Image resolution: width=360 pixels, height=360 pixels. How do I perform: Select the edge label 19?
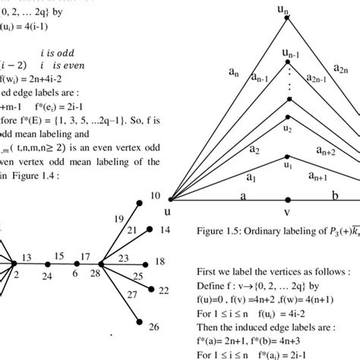coord(118,219)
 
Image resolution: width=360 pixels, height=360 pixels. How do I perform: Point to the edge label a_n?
coord(235,72)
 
